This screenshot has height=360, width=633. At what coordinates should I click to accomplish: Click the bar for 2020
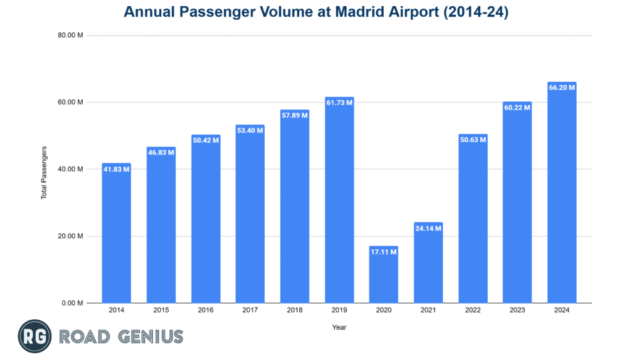coord(383,275)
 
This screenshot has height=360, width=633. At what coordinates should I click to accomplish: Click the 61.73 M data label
coord(339,102)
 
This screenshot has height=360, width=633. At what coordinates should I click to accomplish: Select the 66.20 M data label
coord(562,87)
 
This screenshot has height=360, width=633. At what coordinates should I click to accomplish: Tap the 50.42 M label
coord(205,140)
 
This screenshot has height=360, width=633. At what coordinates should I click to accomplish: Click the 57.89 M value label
coord(294,115)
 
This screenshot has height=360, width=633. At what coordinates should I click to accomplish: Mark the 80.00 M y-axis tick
coord(72,35)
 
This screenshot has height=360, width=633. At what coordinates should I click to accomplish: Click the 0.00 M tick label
coord(74,303)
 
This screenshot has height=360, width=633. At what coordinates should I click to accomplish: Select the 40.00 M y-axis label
coord(72,169)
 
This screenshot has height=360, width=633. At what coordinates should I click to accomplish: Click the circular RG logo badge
coord(35,336)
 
